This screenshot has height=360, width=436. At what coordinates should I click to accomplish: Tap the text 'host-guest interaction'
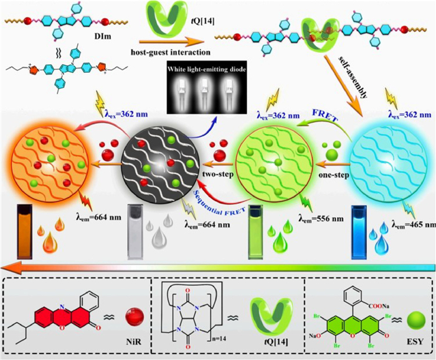pos(171,52)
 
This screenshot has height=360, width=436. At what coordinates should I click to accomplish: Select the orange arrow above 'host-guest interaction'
pos(171,42)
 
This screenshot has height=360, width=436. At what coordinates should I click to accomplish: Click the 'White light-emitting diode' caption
pos(206,69)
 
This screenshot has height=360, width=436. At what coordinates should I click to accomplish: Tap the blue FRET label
pos(325,116)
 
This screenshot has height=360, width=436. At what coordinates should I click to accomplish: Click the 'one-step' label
pos(333,176)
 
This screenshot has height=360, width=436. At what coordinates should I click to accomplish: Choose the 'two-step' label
pos(217,174)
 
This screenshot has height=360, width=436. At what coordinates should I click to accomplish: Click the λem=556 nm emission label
pos(321,219)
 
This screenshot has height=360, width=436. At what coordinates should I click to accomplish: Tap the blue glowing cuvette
pos(359,232)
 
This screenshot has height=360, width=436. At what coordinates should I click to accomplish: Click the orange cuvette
pos(24,232)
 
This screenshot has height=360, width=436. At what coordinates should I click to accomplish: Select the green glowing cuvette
pos(255,232)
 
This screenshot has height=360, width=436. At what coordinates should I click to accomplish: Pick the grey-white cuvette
pos(135,232)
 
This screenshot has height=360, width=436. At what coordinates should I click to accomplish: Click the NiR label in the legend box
pos(134,341)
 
